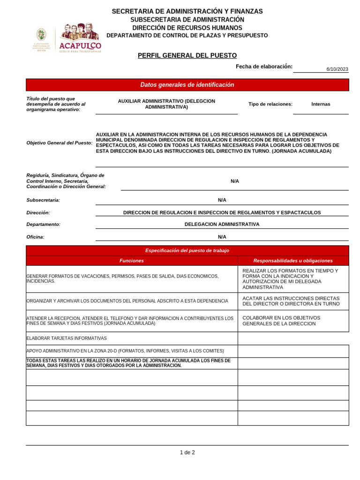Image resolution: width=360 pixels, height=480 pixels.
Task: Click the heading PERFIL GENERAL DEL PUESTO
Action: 187,55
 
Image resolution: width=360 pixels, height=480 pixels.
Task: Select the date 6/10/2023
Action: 337,69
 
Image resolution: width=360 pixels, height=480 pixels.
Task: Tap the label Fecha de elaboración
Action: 264,67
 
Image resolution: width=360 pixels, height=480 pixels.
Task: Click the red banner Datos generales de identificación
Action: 187,85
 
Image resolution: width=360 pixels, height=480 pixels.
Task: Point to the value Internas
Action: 321,104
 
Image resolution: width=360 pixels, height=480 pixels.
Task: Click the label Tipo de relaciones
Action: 270,104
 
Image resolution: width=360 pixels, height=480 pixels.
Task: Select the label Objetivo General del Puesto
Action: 60,142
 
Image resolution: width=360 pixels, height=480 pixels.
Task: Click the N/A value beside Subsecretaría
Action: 222,200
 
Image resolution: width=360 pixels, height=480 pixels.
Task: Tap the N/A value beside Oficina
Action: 222,237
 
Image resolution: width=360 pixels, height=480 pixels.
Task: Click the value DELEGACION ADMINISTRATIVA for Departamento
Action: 222,225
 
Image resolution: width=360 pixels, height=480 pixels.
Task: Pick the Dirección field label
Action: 38,212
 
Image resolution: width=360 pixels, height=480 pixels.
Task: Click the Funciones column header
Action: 132,261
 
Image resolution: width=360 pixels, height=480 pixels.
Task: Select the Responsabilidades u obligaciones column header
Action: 293,261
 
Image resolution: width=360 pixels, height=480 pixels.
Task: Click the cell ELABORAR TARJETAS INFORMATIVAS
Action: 67,338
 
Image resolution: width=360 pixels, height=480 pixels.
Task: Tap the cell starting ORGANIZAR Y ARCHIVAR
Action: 127,301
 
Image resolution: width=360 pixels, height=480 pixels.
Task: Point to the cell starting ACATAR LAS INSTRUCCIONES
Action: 291,301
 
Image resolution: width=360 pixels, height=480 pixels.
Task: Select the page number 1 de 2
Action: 187,452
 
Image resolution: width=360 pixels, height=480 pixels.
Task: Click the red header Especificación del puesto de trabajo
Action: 187,251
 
